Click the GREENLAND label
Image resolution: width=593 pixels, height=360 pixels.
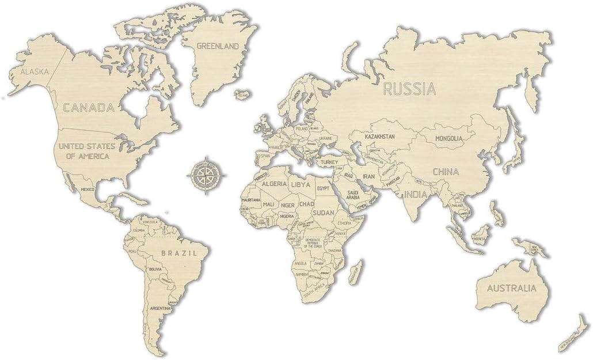[x=218, y=46]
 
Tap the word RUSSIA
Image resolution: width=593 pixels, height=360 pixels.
[x=409, y=89]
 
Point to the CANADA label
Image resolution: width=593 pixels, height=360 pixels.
[x=88, y=107]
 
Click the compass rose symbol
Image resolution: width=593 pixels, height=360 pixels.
[x=206, y=173]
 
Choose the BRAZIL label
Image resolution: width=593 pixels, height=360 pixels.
[x=179, y=252]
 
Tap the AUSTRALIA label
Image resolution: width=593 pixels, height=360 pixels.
[x=511, y=287]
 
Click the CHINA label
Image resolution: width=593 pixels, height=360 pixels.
[x=446, y=172]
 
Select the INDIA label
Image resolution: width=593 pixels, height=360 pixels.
[x=416, y=194]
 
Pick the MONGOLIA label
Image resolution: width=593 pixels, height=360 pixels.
[x=449, y=138]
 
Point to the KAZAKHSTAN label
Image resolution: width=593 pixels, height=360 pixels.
[x=379, y=137]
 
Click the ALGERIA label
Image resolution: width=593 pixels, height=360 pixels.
[x=274, y=184]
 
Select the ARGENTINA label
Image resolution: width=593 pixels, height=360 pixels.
[x=159, y=308]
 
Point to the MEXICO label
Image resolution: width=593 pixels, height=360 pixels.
[x=88, y=190]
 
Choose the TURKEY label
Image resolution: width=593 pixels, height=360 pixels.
[x=329, y=162]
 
